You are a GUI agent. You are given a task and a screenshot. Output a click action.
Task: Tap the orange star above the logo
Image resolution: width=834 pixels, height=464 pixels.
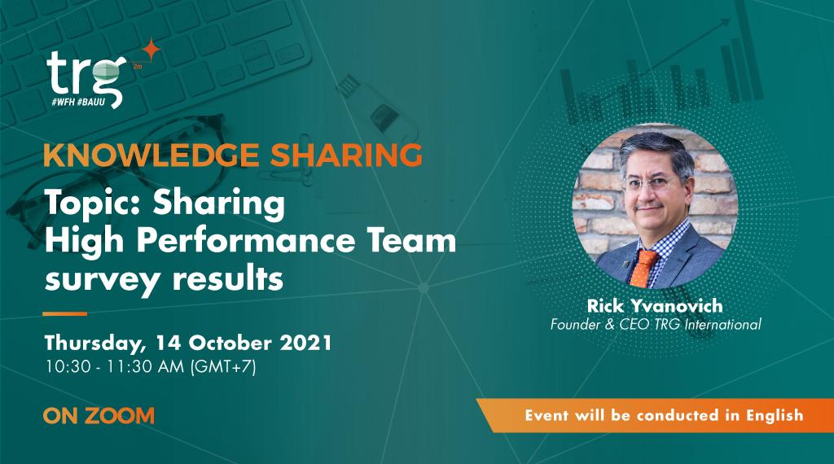point(151,50)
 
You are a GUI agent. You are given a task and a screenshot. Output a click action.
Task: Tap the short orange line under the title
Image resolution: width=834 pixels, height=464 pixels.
point(64,313)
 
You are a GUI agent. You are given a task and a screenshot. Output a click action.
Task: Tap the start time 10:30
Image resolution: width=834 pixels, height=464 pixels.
point(64,366)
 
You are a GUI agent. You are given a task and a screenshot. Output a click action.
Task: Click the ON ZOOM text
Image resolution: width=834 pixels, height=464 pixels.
point(99,415)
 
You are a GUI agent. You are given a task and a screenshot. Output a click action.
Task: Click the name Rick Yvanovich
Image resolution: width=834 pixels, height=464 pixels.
point(655,307)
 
